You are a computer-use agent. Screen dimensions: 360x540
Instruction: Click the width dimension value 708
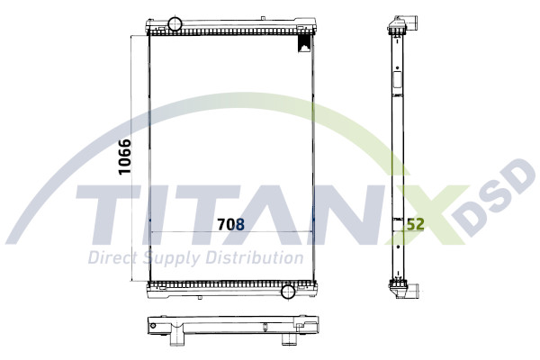229,224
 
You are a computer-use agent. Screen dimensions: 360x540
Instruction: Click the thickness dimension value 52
415,224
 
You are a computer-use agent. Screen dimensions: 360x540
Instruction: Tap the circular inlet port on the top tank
175,23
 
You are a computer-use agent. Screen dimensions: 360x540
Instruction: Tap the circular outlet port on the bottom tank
288,291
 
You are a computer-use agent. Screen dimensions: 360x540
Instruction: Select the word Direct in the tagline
111,258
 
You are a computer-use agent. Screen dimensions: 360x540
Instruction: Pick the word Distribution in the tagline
253,258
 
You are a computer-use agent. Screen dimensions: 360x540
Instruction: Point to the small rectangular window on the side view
395,80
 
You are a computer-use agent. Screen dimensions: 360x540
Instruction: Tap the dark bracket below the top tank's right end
305,42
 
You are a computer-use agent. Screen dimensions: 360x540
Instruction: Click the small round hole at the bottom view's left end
154,325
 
